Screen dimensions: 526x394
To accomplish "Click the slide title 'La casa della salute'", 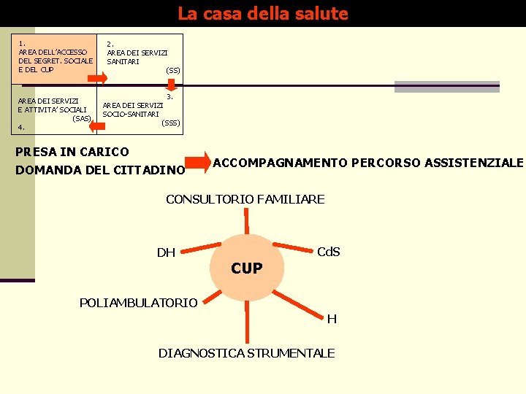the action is (x=263, y=14).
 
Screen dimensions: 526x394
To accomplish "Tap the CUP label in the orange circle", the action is (x=247, y=269).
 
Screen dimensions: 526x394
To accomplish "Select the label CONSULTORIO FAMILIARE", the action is (x=245, y=199).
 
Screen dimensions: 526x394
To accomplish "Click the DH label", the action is (x=166, y=253).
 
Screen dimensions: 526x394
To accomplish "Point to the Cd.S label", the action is (x=328, y=252).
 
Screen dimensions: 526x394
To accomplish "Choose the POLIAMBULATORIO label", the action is (x=138, y=302).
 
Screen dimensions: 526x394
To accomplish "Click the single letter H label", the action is (x=332, y=319).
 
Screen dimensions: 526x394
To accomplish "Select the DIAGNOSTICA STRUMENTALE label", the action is (x=247, y=353).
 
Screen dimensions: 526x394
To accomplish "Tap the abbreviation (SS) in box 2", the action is (x=173, y=70).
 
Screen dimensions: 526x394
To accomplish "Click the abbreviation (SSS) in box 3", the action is (x=170, y=123).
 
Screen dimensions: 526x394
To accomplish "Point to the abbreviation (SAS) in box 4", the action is (x=82, y=118).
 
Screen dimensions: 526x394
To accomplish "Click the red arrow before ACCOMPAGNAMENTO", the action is (x=197, y=162).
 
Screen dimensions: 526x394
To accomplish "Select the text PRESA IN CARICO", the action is (x=72, y=152).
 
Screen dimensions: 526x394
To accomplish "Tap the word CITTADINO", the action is (x=150, y=171).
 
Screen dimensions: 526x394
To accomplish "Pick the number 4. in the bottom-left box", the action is (x=22, y=128).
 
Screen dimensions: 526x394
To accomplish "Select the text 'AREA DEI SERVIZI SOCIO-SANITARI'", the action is (x=131, y=109).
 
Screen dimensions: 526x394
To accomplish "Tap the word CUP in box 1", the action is (x=47, y=70).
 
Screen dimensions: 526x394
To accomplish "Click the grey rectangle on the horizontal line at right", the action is (x=446, y=87).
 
